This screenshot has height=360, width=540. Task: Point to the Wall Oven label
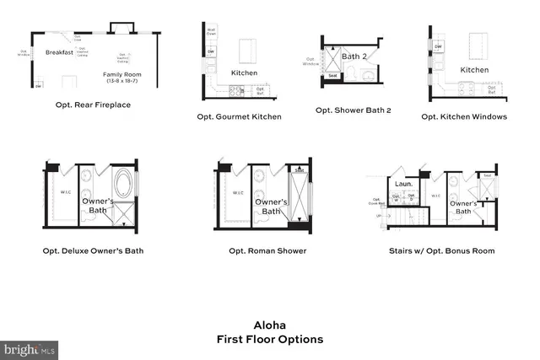211,33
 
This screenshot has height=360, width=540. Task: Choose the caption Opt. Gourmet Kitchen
239,116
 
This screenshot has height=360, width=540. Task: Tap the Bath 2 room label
355,56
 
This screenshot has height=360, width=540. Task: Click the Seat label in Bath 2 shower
333,75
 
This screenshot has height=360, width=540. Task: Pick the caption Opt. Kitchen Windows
464,116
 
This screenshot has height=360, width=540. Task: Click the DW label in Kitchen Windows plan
439,46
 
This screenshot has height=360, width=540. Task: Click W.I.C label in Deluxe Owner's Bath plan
65,191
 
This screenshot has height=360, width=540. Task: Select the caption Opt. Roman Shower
267,250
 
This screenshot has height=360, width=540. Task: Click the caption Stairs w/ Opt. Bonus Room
441,250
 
